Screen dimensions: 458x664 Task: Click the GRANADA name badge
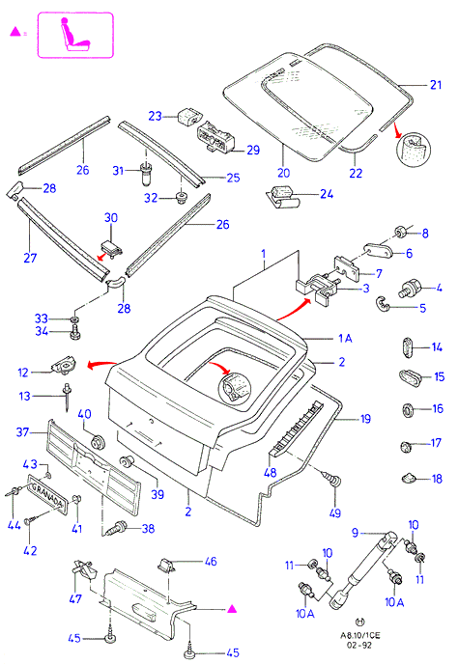(47, 493)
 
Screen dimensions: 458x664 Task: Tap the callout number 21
(436, 85)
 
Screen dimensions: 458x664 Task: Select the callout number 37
(22, 432)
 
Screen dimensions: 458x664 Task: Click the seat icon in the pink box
(75, 35)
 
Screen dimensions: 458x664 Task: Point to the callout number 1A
(345, 338)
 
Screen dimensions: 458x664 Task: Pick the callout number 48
(271, 472)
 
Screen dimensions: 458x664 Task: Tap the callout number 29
(253, 150)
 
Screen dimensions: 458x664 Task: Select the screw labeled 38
(117, 528)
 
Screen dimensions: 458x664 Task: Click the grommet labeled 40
(98, 441)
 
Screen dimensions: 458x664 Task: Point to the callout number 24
(327, 194)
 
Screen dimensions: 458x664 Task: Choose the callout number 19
(365, 419)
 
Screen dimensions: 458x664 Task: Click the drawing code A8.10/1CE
(360, 635)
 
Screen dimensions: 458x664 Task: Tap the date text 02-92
(359, 646)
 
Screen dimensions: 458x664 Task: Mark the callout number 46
(211, 562)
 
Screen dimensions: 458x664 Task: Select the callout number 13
(24, 396)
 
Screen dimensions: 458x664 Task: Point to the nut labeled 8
(400, 232)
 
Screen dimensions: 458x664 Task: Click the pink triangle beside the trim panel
(232, 609)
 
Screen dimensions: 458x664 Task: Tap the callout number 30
(111, 218)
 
